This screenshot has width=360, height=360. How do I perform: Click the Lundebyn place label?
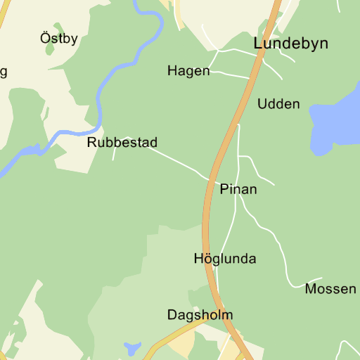[x=290, y=44]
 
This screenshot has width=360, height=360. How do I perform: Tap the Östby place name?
[x=59, y=38]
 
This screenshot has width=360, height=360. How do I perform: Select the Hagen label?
[x=188, y=71]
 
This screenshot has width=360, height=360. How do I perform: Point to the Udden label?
[x=278, y=104]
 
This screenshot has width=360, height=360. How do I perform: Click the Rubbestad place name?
[x=122, y=143]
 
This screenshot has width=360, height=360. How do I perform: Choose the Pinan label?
[x=238, y=189]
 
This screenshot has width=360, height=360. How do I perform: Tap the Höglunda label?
[x=225, y=259]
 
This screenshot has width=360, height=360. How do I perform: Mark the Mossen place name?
[x=330, y=289]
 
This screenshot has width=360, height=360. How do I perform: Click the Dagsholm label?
[x=200, y=315]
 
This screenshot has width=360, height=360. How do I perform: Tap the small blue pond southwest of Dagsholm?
[x=131, y=348]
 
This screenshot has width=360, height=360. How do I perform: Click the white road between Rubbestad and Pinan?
[x=172, y=159]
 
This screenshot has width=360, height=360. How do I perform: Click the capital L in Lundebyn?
[x=258, y=44]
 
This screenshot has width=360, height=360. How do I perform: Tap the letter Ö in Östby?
[x=45, y=37]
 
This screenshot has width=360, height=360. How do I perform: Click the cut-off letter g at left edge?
[x=4, y=72]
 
